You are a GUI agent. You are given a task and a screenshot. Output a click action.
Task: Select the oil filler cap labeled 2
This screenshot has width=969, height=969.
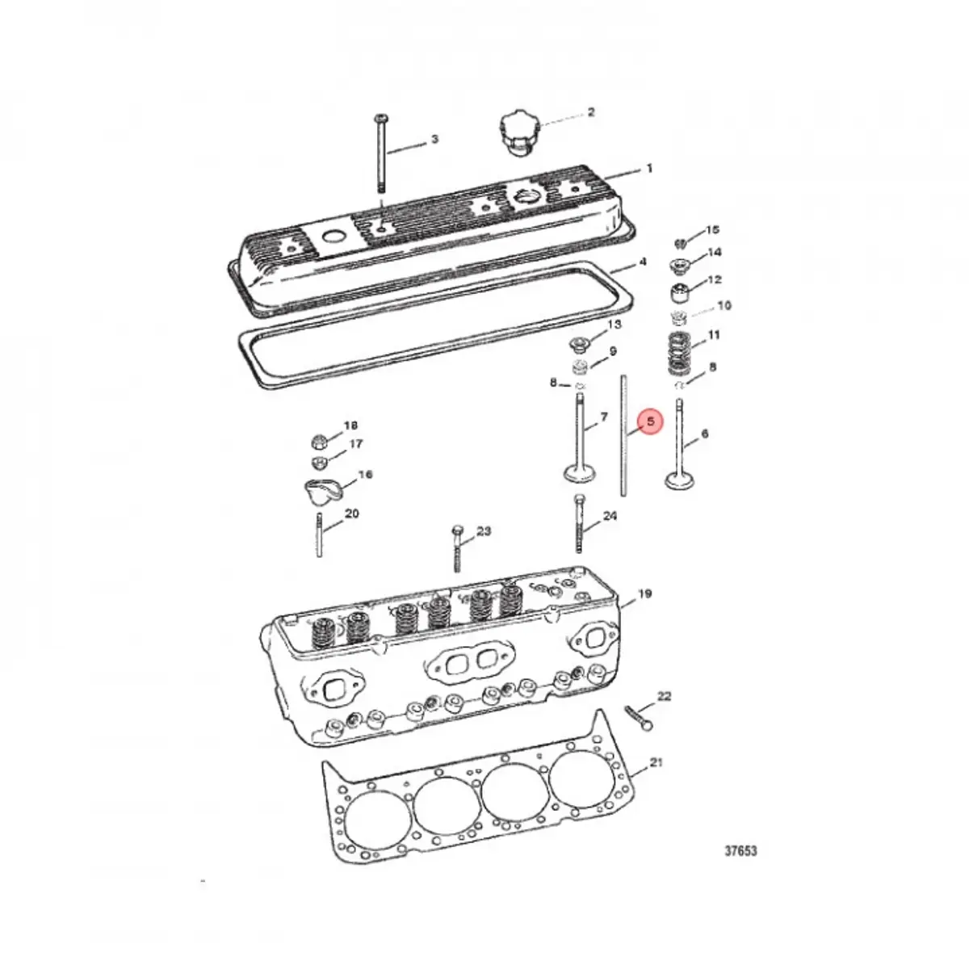pos(517,134)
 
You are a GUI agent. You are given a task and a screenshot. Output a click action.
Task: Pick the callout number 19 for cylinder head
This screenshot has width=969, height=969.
pos(644,594)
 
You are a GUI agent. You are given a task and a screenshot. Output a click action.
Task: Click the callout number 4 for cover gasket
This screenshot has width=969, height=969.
pos(643,262)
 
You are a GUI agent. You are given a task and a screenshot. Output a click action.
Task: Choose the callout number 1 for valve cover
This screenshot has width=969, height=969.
pos(648,170)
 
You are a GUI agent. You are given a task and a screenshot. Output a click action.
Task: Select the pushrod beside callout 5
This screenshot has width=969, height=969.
pos(623,436)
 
